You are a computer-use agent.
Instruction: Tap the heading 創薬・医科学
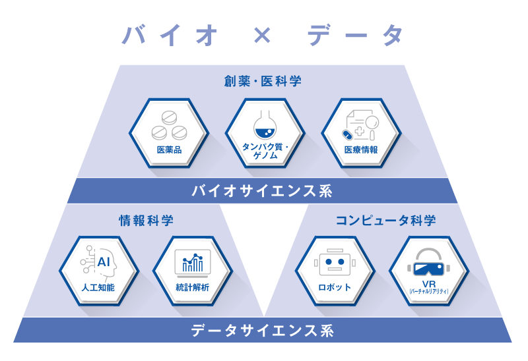pos(263,82)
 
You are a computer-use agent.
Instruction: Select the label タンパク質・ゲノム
pos(265,150)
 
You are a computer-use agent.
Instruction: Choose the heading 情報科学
pos(147,221)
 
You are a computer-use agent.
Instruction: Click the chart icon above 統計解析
pos(192,263)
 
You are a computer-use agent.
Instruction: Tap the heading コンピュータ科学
pos(386,221)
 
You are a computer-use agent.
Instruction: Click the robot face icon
pos(335,264)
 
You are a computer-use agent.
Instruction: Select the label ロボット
pos(335,288)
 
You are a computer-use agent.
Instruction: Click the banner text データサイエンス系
pos(263,331)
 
